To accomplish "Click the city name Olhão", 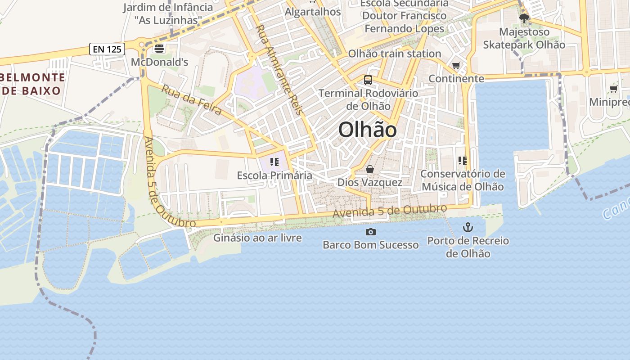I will [x=367, y=130].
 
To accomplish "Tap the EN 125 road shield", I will [x=107, y=49].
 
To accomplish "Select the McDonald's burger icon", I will [x=159, y=49].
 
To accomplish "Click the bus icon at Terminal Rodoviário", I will [x=368, y=80].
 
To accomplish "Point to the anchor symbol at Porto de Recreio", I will [x=468, y=227].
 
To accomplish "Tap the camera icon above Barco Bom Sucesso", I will [x=371, y=232].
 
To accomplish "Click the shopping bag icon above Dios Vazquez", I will [x=370, y=169].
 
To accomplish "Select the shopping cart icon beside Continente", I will [x=456, y=66].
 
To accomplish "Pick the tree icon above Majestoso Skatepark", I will [x=524, y=18].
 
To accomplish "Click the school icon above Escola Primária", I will [x=274, y=162].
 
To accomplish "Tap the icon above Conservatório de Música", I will [x=462, y=160].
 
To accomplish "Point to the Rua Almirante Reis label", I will [x=279, y=70].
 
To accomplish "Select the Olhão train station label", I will [x=395, y=54].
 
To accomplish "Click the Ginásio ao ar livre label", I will [x=257, y=238].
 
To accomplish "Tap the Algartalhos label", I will [x=313, y=12].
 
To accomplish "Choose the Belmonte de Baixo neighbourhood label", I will [x=32, y=84].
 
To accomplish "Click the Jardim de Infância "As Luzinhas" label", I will [x=168, y=13].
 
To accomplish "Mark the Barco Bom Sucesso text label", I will [x=371, y=245].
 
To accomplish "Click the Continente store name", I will [x=456, y=79].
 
